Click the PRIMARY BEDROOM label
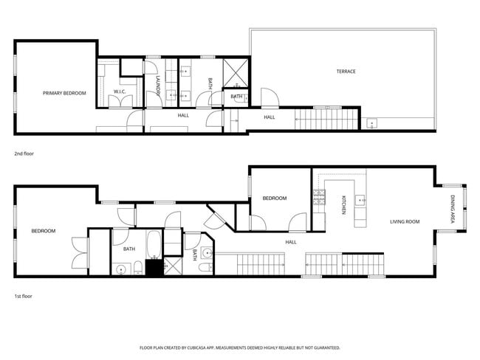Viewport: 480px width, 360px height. [64, 93]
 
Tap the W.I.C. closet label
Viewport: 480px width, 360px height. [120, 91]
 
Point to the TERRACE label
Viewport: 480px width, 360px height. [346, 72]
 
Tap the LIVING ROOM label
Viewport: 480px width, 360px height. [405, 221]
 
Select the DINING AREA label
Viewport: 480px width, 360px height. [452, 209]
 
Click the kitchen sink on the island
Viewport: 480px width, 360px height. [361, 199]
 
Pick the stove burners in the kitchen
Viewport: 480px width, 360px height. [320, 196]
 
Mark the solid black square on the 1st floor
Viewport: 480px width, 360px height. [154, 267]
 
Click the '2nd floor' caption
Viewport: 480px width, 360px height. [24, 153]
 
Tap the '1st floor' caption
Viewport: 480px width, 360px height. [24, 296]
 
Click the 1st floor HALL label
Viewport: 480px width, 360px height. [290, 242]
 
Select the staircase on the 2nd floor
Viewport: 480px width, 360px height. [326, 117]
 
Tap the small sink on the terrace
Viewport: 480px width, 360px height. [371, 123]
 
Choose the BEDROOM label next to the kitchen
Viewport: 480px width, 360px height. [275, 198]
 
